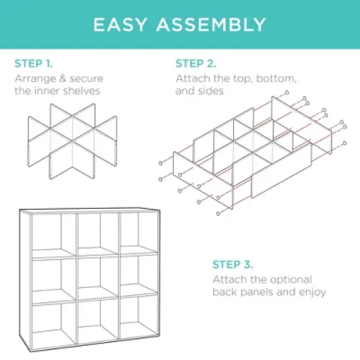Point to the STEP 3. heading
(232, 265)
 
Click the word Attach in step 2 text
(191, 79)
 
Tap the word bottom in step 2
(275, 79)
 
